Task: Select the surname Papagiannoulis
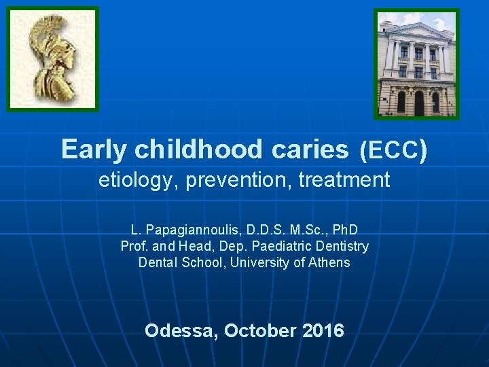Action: coord(192,230)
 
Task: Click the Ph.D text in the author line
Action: coord(343,230)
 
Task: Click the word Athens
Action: coord(328,262)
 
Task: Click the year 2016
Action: coord(323,331)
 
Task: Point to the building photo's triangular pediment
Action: coord(416,30)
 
